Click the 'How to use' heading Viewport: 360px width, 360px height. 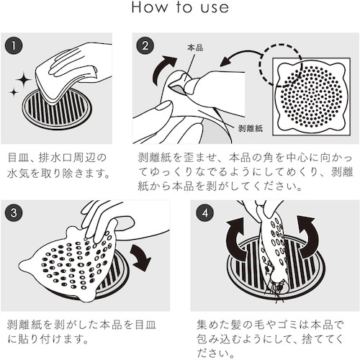(180, 7)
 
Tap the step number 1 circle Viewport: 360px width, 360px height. (14, 45)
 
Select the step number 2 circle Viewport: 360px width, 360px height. (145, 45)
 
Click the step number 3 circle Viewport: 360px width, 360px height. (14, 213)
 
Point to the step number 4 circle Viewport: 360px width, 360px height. (205, 213)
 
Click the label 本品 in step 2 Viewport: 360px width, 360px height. (195, 48)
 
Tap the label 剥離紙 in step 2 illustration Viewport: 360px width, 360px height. (251, 128)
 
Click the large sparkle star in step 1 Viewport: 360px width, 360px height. (24, 79)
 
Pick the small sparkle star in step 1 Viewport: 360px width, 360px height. (14, 92)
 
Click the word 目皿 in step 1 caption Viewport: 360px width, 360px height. (17, 158)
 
